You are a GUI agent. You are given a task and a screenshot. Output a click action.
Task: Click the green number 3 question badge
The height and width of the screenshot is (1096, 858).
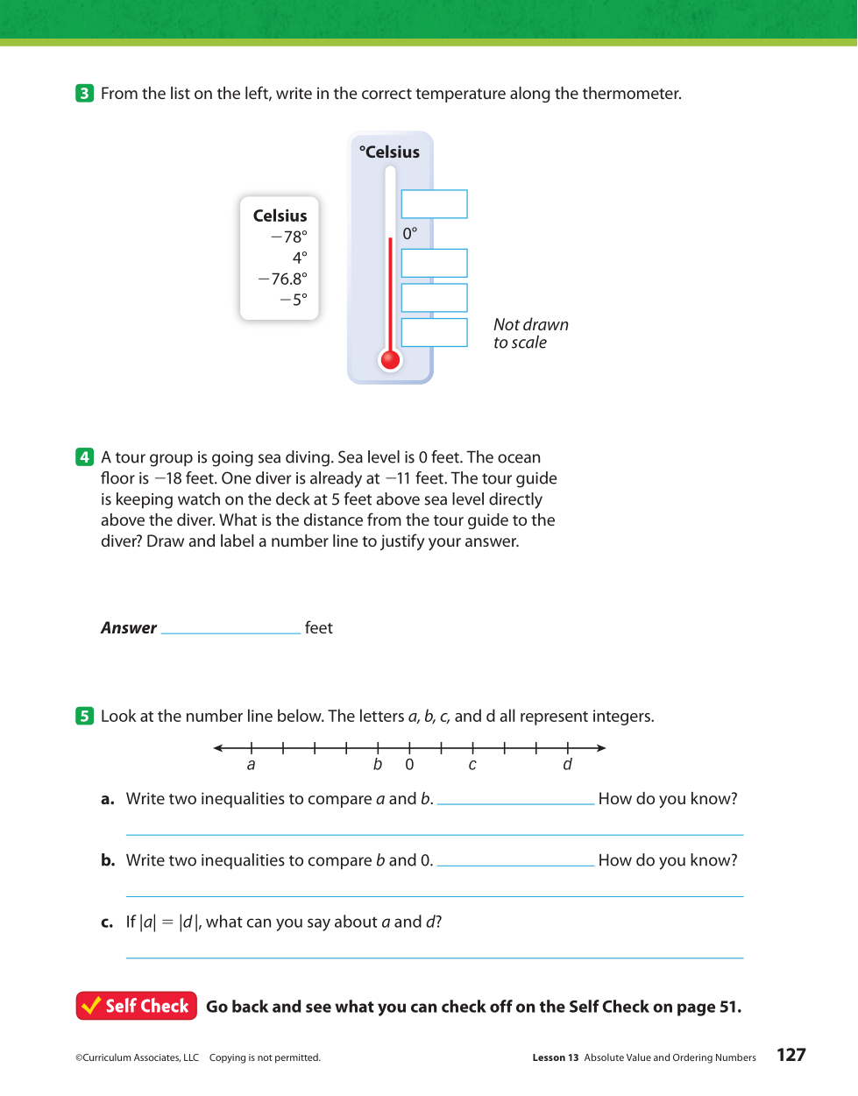pyautogui.click(x=84, y=93)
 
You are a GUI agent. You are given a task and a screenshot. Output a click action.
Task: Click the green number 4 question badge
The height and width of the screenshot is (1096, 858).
pyautogui.click(x=84, y=456)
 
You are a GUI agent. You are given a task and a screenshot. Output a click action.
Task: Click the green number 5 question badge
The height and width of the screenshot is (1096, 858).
pyautogui.click(x=84, y=716)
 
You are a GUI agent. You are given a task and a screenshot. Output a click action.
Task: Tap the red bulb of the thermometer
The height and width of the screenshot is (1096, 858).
pyautogui.click(x=391, y=359)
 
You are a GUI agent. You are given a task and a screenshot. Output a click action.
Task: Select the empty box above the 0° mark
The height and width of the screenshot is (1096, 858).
pyautogui.click(x=434, y=204)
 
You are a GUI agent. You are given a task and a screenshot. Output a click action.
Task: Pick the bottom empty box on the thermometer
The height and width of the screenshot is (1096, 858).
pyautogui.click(x=434, y=333)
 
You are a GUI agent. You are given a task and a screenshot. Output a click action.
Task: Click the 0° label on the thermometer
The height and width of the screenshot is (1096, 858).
pyautogui.click(x=410, y=234)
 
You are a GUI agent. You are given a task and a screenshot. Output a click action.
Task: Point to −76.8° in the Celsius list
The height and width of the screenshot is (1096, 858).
pyautogui.click(x=283, y=279)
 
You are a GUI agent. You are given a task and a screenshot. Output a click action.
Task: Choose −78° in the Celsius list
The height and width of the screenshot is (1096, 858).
pyautogui.click(x=289, y=237)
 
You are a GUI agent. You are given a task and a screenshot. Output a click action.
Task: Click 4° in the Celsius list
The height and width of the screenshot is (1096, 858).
pyautogui.click(x=300, y=258)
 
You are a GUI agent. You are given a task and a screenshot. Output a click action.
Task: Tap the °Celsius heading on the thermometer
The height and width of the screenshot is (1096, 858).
pyautogui.click(x=389, y=152)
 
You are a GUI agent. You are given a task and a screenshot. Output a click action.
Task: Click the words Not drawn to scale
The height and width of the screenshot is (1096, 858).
pyautogui.click(x=530, y=334)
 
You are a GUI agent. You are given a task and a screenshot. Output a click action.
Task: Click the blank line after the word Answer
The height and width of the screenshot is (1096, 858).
pyautogui.click(x=231, y=627)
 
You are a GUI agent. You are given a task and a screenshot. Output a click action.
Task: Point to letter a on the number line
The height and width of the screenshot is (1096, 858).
pyautogui.click(x=252, y=765)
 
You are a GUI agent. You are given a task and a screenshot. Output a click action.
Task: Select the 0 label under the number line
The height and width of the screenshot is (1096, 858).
pyautogui.click(x=409, y=765)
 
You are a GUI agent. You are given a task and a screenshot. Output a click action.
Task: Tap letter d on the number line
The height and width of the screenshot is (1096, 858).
pyautogui.click(x=567, y=765)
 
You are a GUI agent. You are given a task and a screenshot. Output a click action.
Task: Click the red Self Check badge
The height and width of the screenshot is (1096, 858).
pyautogui.click(x=137, y=1006)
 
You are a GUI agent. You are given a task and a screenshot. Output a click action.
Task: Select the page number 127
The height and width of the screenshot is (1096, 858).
pyautogui.click(x=791, y=1055)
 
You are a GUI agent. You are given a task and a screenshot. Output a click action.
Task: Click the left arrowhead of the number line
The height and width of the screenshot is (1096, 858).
pyautogui.click(x=218, y=748)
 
